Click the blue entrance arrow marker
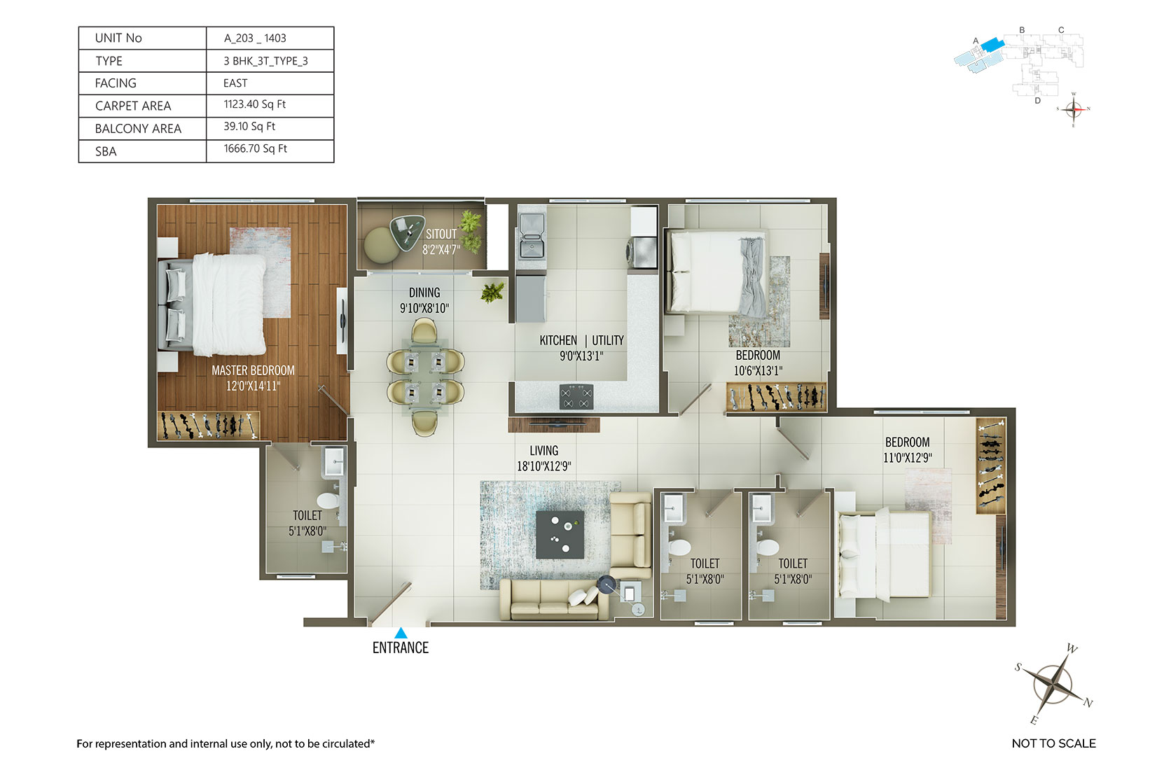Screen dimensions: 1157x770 coord(401,633)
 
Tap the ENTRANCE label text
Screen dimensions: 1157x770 coord(401,648)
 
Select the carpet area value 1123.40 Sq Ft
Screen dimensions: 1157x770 coord(255,104)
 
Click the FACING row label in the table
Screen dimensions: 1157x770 coord(116,83)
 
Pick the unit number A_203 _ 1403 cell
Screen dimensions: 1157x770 coord(255,38)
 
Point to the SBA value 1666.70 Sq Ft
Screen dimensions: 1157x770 coord(255,148)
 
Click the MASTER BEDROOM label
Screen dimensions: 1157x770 coord(253,370)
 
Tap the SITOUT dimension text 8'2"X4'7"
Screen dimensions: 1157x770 coord(441,251)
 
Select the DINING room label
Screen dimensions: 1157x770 coord(424,293)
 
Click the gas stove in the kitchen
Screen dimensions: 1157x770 coord(576,397)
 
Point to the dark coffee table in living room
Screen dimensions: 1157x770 coord(560,535)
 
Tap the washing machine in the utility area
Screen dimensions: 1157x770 coord(642,253)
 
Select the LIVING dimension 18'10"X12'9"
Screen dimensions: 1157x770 coord(544,466)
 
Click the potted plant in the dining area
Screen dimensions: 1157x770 coord(493,293)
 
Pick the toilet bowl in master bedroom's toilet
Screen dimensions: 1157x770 coord(328,500)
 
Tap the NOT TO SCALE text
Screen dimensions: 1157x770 coord(1053,743)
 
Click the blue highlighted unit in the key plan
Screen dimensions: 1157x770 coord(992,44)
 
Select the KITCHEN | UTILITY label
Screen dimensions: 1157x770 coord(581,341)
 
